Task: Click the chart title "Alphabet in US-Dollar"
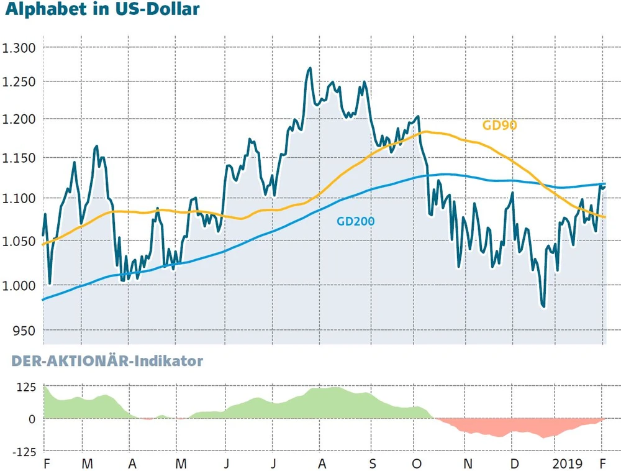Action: point(102,10)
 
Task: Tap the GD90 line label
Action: point(500,126)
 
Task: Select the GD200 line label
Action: point(356,221)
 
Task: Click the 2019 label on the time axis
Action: point(568,464)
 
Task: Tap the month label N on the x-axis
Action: point(468,464)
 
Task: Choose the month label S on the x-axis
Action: point(372,464)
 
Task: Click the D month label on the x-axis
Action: point(515,464)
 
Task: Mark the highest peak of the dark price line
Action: point(309,68)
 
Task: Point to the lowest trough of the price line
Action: point(544,306)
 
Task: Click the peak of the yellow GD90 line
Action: point(425,131)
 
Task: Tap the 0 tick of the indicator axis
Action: point(31,419)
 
